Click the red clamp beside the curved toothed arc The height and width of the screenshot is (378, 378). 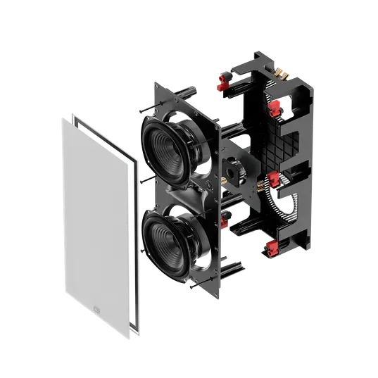(272, 177)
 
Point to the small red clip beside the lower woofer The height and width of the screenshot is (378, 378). (223, 224)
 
